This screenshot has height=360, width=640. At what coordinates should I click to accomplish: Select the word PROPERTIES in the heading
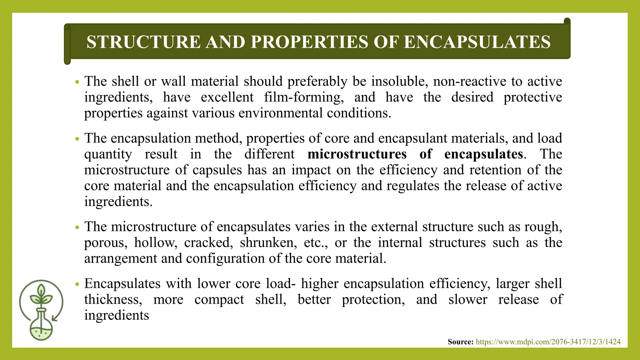309,42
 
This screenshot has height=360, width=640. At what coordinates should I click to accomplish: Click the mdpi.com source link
548,342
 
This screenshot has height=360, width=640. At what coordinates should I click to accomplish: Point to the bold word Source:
460,342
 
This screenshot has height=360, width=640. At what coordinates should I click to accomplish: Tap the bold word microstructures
357,154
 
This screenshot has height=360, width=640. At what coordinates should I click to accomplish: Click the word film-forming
304,97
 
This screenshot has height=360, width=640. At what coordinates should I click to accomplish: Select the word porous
106,243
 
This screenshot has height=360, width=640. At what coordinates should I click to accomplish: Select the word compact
219,300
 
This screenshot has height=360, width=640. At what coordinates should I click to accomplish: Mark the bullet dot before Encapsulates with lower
77,284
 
